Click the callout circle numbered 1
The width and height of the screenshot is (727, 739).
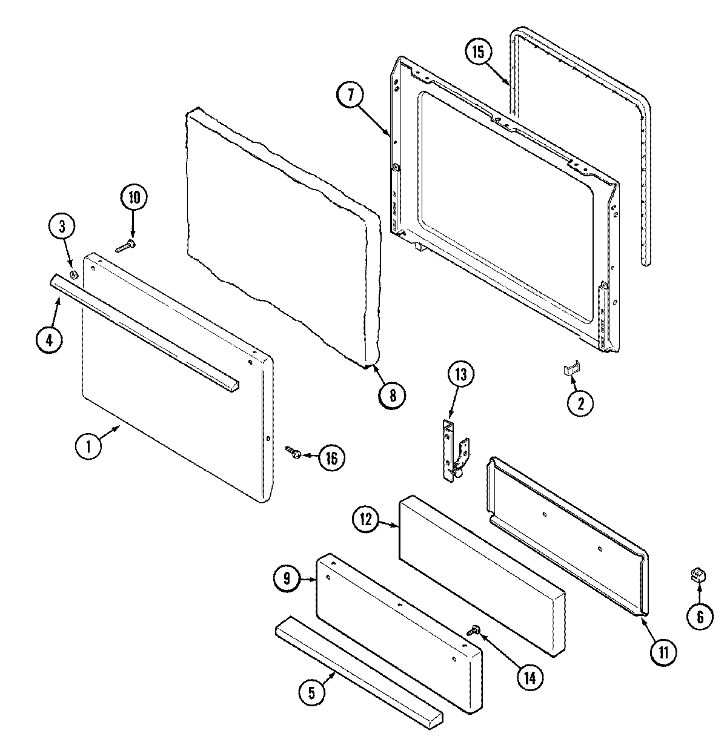click(89, 447)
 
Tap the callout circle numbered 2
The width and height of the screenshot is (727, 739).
click(580, 404)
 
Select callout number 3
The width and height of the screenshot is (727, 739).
click(62, 228)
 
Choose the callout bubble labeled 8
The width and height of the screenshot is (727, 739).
click(392, 395)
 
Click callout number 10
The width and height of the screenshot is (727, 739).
click(133, 198)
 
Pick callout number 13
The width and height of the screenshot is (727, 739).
click(461, 376)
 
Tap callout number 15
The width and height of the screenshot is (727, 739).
click(479, 52)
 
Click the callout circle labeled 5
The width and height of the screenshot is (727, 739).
click(311, 693)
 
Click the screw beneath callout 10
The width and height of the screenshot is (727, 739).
click(125, 246)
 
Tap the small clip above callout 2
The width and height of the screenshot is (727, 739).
click(571, 368)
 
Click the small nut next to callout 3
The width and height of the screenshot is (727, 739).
click(73, 276)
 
